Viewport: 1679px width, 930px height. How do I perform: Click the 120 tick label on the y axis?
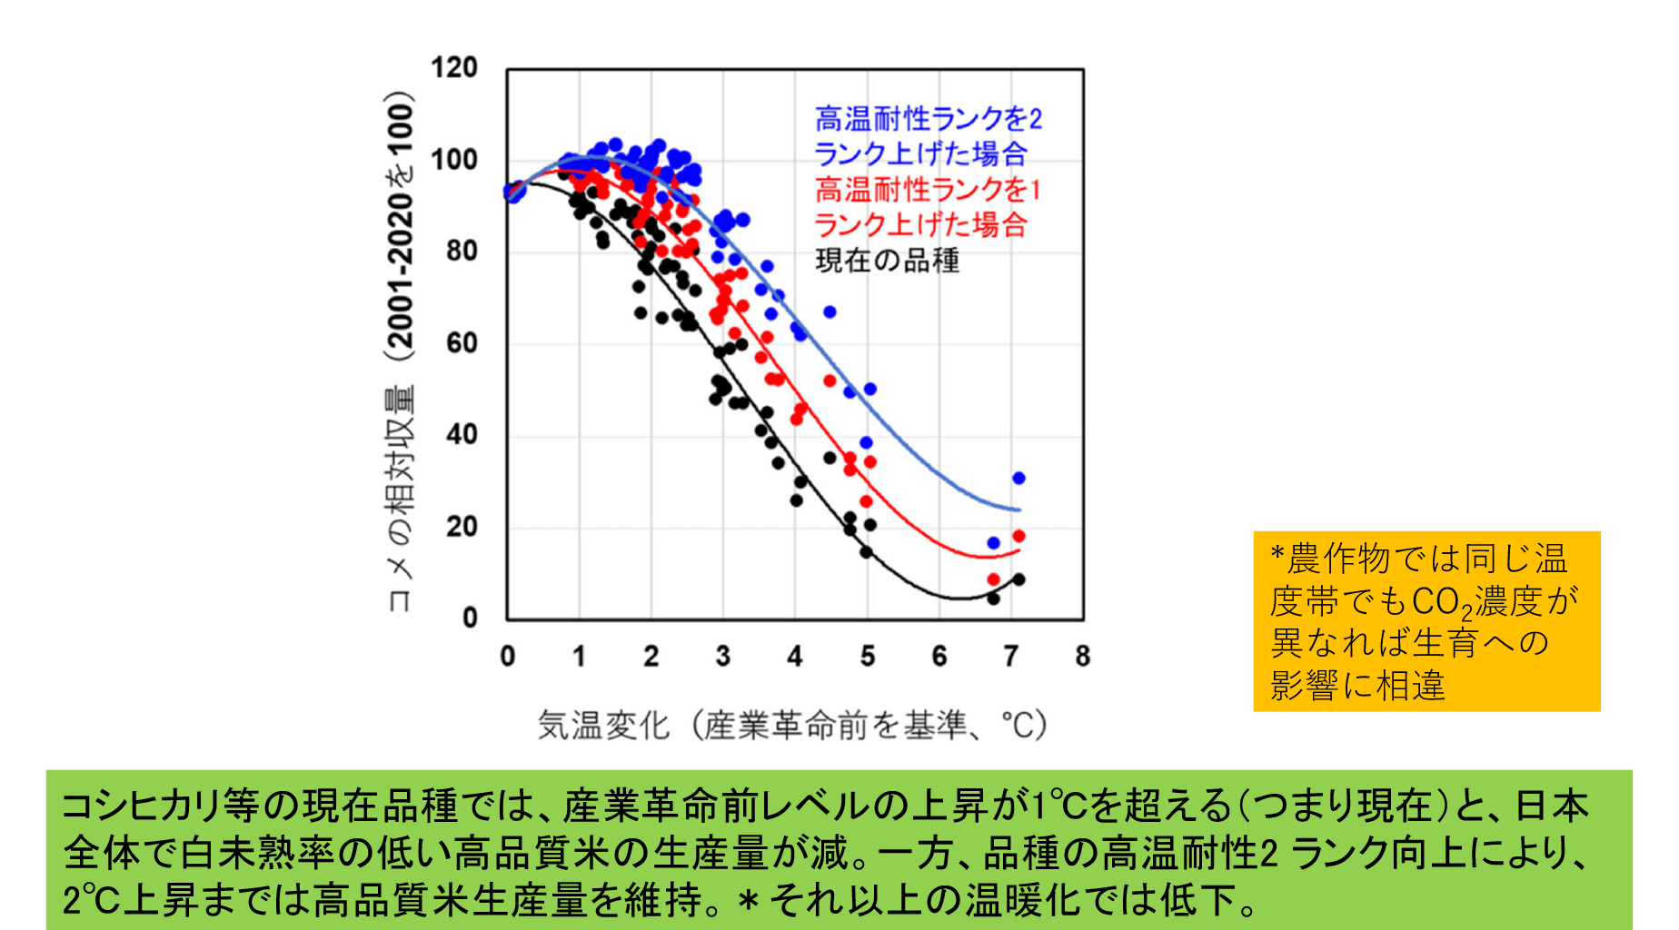click(453, 68)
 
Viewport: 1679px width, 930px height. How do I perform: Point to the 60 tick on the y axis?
click(462, 343)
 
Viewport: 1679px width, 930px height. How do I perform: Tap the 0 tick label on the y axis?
click(469, 618)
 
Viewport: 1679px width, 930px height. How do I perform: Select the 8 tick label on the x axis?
click(1082, 656)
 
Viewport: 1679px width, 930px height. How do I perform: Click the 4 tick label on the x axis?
click(795, 656)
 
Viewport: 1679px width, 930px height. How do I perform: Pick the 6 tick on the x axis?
click(939, 656)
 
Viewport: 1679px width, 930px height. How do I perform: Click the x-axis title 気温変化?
click(603, 726)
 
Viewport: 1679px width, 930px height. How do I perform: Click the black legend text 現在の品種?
click(887, 261)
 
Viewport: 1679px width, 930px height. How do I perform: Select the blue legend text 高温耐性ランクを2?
click(928, 119)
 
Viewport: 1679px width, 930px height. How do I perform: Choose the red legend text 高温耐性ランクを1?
click(928, 190)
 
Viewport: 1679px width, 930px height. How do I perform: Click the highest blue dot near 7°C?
click(1018, 478)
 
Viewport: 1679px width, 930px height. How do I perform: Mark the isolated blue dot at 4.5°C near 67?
click(830, 312)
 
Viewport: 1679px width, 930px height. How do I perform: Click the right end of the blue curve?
click(1020, 510)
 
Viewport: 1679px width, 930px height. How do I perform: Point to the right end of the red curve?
click(1020, 550)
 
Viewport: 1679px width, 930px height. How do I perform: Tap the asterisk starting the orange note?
click(1277, 556)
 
